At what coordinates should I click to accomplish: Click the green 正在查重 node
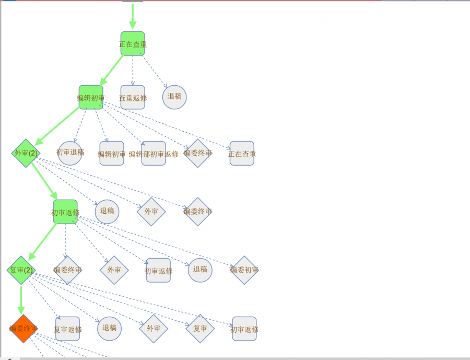click(133, 44)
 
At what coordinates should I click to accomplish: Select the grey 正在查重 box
click(242, 154)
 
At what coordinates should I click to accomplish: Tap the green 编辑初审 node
click(91, 98)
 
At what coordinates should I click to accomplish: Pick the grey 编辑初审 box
click(112, 154)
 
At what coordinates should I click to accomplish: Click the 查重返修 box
click(133, 98)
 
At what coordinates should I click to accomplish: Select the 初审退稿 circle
click(70, 153)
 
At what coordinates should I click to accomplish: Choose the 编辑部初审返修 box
click(154, 154)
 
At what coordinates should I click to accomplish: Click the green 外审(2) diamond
click(26, 153)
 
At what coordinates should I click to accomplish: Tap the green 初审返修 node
click(65, 212)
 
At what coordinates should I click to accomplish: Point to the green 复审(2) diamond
click(21, 270)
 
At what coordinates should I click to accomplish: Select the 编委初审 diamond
click(244, 270)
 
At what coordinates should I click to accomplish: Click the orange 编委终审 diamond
click(23, 329)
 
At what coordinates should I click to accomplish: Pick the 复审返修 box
click(68, 329)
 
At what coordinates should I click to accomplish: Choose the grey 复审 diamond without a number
click(200, 329)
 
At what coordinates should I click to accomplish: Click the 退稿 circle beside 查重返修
click(174, 97)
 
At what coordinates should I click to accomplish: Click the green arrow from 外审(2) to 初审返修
click(44, 181)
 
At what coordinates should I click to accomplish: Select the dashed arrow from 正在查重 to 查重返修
click(133, 71)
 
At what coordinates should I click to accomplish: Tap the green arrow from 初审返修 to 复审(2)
click(42, 241)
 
